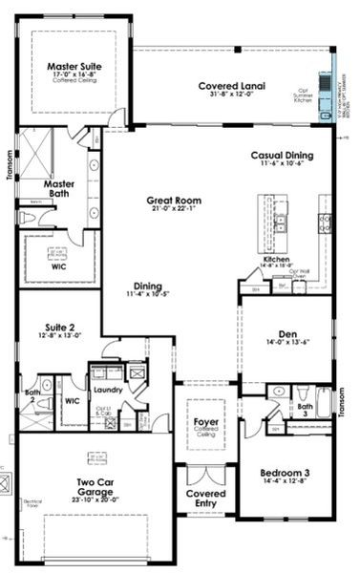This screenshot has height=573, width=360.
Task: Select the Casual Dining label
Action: point(282,155)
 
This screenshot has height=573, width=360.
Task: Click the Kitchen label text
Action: point(277,259)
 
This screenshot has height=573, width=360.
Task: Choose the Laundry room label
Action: point(105,390)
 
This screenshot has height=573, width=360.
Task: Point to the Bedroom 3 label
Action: point(286,473)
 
